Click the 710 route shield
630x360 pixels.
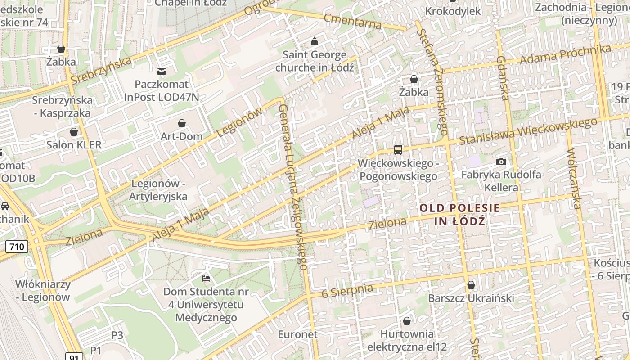[x=17, y=247]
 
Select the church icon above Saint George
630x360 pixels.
[x=314, y=42]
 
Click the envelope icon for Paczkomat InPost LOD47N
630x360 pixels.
[x=162, y=71]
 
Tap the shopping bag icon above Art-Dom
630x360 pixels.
[x=182, y=123]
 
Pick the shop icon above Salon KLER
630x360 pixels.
[x=74, y=132]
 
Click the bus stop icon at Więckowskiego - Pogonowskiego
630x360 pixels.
[x=398, y=150]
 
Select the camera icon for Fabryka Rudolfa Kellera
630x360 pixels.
[x=501, y=162]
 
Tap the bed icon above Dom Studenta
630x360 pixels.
[x=206, y=278]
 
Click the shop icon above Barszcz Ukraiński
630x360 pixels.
[x=471, y=285]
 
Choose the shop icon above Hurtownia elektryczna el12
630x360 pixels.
[x=407, y=321]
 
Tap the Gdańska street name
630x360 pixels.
[x=503, y=78]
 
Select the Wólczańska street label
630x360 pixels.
[x=572, y=179]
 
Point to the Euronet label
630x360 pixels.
[x=297, y=334]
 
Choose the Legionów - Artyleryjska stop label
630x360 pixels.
[x=158, y=190]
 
